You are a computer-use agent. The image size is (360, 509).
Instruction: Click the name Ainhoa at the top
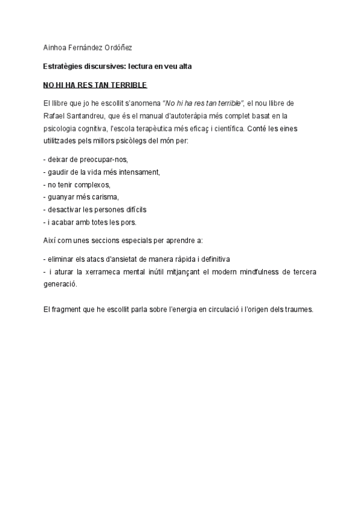click(55, 47)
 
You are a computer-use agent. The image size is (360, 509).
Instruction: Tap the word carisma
click(106, 197)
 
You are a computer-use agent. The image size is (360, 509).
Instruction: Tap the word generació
click(61, 284)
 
